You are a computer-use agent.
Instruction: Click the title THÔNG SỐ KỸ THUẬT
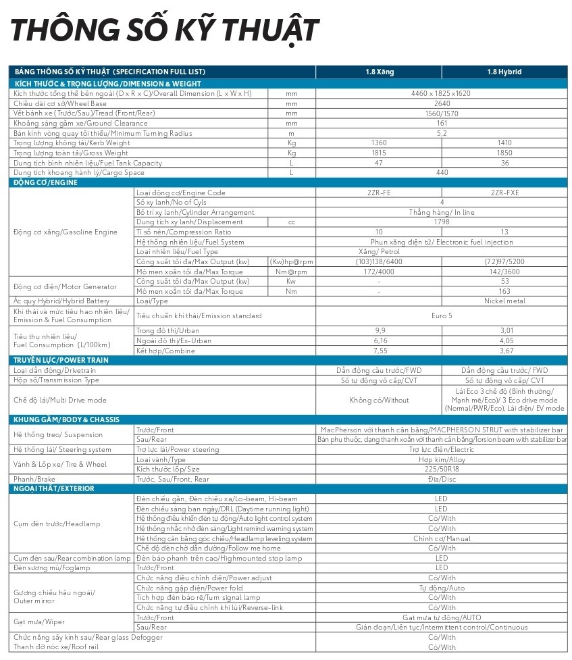click(164, 30)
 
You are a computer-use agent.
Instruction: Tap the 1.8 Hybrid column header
click(504, 72)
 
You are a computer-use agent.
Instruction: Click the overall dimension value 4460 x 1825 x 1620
click(442, 93)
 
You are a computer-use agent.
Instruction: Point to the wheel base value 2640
click(442, 103)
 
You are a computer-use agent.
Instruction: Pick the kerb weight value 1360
click(379, 143)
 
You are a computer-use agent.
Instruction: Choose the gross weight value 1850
click(504, 153)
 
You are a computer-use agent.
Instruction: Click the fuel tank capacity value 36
click(504, 163)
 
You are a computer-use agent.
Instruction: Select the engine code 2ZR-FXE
click(504, 193)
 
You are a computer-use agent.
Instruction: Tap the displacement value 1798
click(442, 222)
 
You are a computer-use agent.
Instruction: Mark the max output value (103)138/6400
click(379, 261)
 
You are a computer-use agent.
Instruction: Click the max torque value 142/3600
click(504, 272)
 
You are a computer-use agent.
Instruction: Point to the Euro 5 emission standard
click(442, 315)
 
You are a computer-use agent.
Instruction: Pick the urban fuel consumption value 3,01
click(504, 330)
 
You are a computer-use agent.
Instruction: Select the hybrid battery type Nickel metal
click(504, 301)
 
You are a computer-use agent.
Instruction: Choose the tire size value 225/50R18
click(442, 469)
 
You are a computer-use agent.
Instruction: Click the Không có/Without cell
click(379, 400)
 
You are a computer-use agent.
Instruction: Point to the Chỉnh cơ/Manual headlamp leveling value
click(442, 538)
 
